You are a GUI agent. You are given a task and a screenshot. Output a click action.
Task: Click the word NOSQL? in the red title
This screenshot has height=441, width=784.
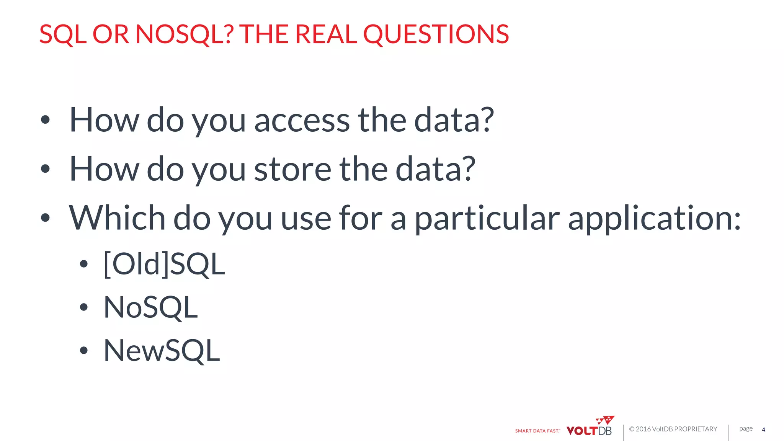tap(184, 34)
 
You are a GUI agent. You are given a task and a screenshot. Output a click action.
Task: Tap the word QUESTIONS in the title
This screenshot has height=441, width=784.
tap(436, 34)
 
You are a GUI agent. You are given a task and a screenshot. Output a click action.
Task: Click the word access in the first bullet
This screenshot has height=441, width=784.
tap(302, 121)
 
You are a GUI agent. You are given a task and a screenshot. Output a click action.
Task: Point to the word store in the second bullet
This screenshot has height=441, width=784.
tap(292, 169)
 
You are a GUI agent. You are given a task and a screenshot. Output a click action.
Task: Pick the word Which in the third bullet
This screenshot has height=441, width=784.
tap(117, 218)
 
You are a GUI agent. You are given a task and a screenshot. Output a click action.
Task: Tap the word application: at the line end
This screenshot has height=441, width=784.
tap(654, 219)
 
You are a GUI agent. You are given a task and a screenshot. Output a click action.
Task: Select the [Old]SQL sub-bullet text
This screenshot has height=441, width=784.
tap(164, 264)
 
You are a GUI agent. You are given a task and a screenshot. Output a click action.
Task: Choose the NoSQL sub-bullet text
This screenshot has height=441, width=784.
tap(150, 307)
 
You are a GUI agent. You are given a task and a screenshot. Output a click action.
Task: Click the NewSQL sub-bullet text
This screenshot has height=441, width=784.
tap(162, 350)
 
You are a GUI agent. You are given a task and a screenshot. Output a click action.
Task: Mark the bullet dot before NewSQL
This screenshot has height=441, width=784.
tap(84, 350)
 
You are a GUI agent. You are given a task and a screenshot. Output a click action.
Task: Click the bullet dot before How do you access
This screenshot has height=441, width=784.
tap(45, 120)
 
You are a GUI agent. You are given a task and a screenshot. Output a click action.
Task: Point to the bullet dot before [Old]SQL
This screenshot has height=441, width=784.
tap(84, 264)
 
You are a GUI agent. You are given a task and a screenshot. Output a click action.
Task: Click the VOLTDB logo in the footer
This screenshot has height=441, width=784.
tap(590, 428)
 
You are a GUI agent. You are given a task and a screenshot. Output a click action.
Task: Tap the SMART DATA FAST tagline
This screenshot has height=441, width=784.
tap(537, 431)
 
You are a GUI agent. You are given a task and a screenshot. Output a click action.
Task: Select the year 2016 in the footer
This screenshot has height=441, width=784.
tap(643, 429)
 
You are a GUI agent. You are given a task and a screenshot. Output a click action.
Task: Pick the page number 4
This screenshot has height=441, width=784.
tap(763, 430)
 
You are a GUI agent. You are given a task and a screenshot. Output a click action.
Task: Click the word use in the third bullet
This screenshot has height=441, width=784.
tap(306, 219)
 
